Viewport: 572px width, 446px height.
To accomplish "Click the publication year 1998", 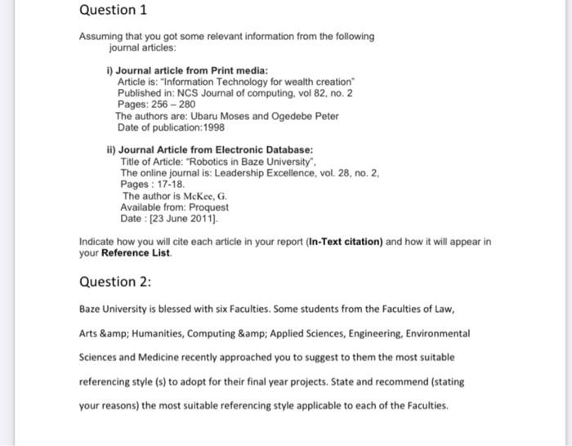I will coord(210,127).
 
